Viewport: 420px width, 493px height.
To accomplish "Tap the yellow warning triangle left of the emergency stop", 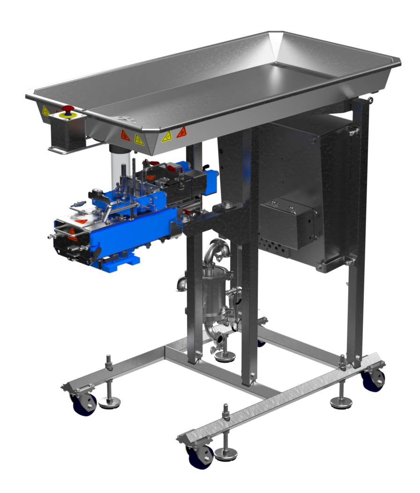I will [x=45, y=111].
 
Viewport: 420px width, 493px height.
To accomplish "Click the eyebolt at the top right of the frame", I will [x=371, y=100].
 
